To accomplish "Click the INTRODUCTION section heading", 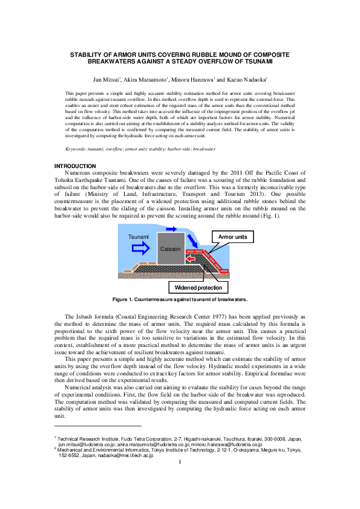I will [x=75, y=166].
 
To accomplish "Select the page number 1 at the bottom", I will [x=180, y=463].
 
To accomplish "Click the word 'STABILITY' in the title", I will [x=88, y=55].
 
